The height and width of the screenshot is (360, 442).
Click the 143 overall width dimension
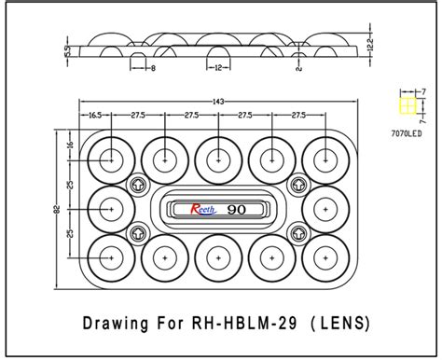tap(219, 100)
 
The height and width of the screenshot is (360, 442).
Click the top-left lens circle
tap(113, 158)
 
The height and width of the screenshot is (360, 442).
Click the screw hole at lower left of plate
tap(139, 231)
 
